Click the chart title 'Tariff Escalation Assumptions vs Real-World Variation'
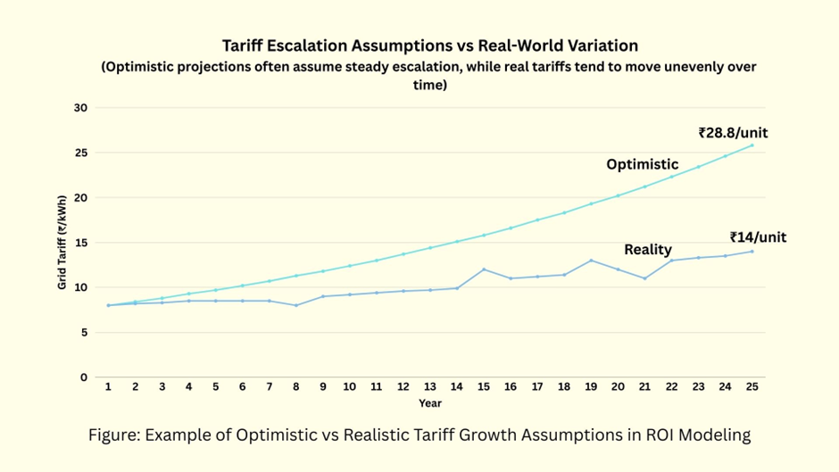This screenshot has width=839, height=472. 431,45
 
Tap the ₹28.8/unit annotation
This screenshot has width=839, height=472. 733,133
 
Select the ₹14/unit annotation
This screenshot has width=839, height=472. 758,237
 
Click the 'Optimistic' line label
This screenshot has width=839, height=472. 643,164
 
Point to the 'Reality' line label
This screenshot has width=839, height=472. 648,250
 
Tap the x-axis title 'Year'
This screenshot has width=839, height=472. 430,404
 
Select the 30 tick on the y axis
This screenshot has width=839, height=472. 80,108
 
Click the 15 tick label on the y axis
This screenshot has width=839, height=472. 80,243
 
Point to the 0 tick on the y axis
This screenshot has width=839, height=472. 84,377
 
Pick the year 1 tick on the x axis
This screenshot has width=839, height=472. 108,387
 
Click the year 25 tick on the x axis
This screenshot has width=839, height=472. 752,387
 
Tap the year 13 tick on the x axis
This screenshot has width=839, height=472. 430,387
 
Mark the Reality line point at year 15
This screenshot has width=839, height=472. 484,269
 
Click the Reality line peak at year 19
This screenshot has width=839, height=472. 591,261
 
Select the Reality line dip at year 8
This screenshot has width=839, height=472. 296,305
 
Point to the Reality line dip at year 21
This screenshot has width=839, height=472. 644,278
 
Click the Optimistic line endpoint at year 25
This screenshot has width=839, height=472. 752,145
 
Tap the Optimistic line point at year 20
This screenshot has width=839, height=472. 618,195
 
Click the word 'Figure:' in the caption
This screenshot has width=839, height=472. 114,435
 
